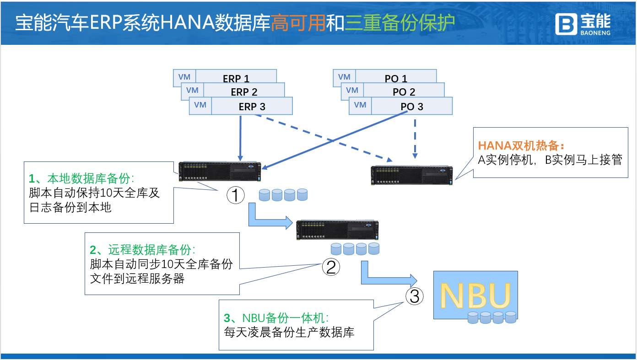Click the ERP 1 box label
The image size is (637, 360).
click(236, 78)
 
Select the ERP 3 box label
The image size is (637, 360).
click(252, 107)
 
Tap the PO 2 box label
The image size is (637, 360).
click(404, 92)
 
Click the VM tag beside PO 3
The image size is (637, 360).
click(360, 105)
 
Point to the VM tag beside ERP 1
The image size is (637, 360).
click(184, 77)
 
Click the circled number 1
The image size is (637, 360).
click(236, 196)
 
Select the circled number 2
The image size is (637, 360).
click(331, 267)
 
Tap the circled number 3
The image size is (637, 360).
click(414, 296)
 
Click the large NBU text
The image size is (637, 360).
click(475, 296)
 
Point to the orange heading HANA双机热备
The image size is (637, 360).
click(521, 146)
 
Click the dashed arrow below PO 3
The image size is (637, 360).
click(415, 137)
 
